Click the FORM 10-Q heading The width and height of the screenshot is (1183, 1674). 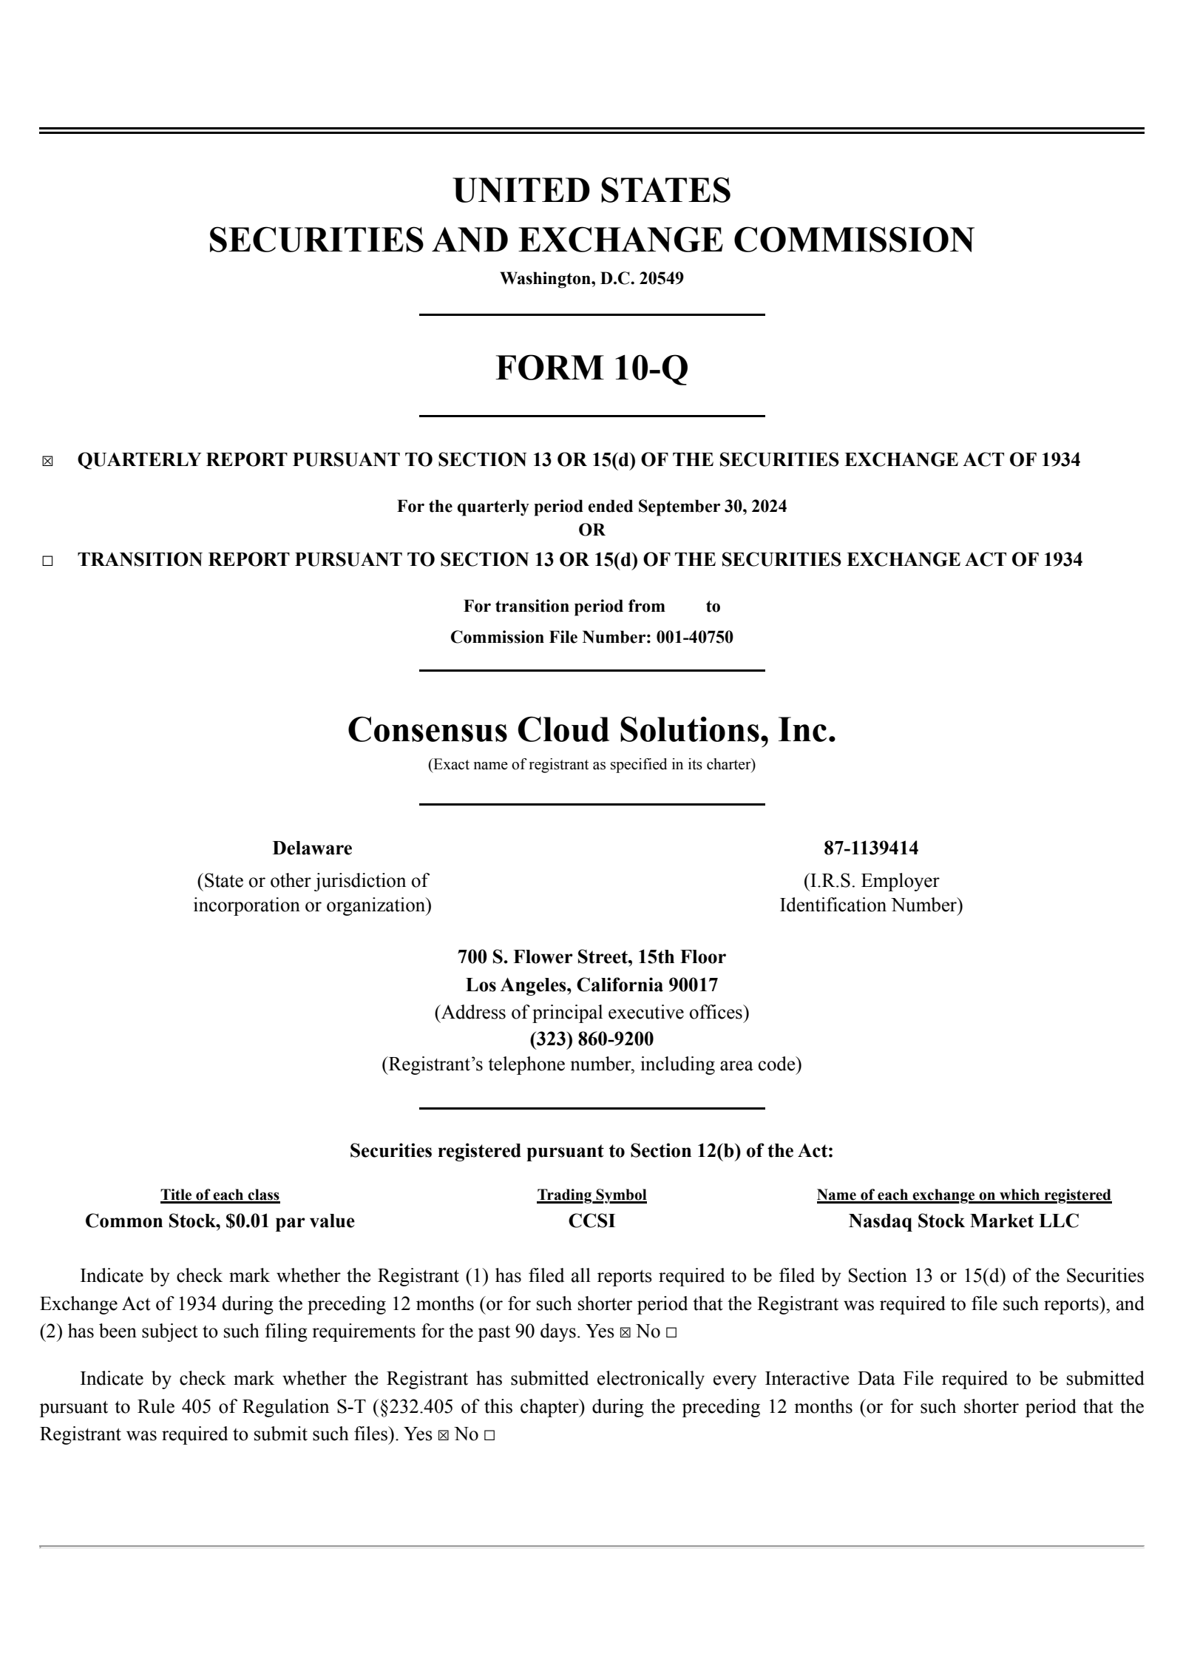(x=591, y=368)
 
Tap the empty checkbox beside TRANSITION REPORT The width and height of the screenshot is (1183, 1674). (x=48, y=561)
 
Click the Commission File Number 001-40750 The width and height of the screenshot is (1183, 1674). (x=694, y=637)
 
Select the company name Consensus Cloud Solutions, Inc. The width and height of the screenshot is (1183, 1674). (x=591, y=729)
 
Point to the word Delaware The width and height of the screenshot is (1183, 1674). (x=312, y=848)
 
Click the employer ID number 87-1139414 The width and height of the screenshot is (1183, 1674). (x=871, y=848)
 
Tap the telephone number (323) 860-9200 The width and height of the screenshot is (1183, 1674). (x=591, y=1039)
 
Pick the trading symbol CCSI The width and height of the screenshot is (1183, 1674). (x=591, y=1221)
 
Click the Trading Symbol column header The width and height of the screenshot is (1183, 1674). (x=591, y=1195)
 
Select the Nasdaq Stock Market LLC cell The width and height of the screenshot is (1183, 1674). (x=963, y=1221)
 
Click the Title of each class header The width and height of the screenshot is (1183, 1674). (x=220, y=1195)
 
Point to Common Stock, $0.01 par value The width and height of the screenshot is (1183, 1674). (x=220, y=1221)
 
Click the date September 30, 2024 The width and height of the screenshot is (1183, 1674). (x=712, y=507)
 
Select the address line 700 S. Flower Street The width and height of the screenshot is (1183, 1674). (x=591, y=956)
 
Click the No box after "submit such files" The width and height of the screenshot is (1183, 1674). (x=489, y=1435)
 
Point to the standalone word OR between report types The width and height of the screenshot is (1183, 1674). (x=591, y=530)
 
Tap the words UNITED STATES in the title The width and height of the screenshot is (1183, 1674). (x=591, y=191)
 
